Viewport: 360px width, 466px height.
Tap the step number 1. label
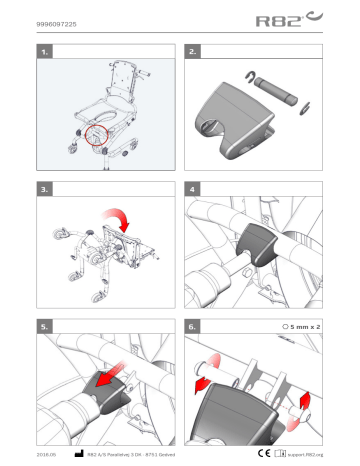click(x=43, y=48)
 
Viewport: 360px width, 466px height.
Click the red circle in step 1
click(x=99, y=130)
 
